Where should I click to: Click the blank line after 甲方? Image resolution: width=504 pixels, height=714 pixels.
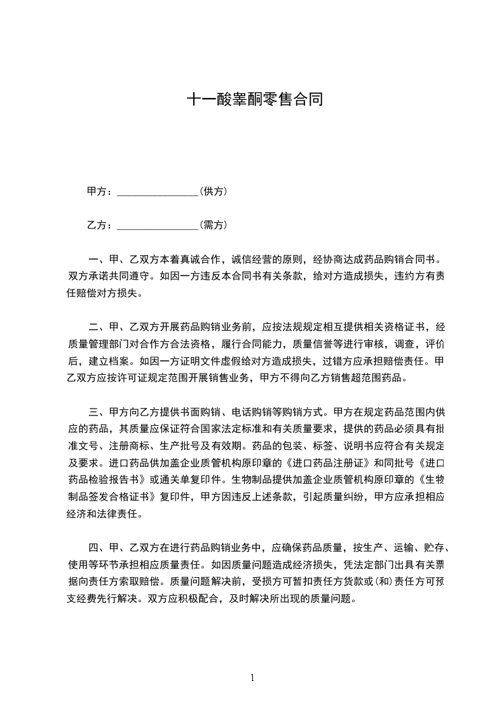pyautogui.click(x=158, y=192)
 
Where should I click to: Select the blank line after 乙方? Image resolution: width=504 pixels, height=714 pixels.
pyautogui.click(x=158, y=225)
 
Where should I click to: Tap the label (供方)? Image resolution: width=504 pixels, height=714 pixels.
pyautogui.click(x=214, y=191)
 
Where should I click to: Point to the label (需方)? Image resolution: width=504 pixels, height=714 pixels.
pyautogui.click(x=214, y=225)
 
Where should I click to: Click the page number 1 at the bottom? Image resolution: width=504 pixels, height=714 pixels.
pyautogui.click(x=252, y=677)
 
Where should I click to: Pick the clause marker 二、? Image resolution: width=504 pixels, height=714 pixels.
pyautogui.click(x=97, y=328)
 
